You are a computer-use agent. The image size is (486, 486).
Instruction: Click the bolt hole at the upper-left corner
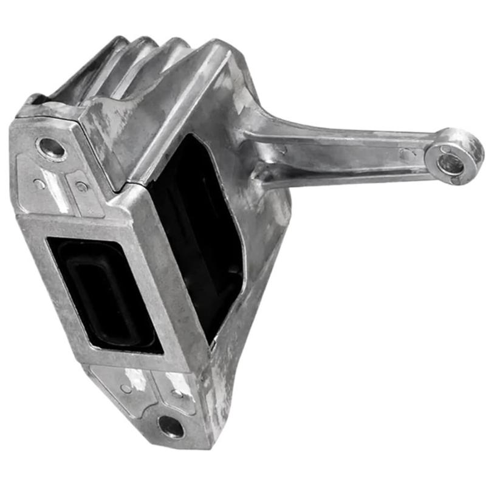[51, 148]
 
